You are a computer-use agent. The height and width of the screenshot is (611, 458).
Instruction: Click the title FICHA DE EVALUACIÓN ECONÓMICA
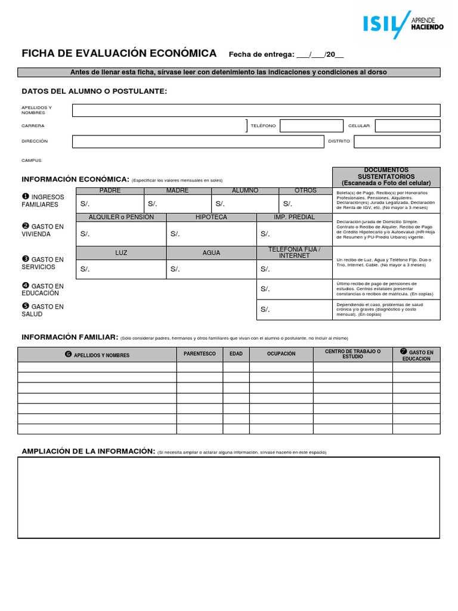(119, 54)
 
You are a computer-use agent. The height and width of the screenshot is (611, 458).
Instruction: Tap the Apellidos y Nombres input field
(256, 110)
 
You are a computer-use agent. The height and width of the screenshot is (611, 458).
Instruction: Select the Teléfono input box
(312, 126)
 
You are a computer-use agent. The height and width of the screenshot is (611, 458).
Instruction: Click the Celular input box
(407, 126)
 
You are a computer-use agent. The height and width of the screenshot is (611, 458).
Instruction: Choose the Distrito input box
(397, 141)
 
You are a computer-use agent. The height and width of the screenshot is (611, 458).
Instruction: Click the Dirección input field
(196, 141)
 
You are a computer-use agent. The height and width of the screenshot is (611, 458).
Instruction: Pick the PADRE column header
(110, 190)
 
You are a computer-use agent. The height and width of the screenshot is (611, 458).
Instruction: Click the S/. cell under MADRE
(177, 203)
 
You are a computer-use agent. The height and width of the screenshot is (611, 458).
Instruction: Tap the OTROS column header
(305, 190)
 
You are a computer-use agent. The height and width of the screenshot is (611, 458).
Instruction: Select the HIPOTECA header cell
(211, 217)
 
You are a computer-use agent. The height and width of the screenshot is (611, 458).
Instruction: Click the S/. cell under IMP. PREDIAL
(294, 233)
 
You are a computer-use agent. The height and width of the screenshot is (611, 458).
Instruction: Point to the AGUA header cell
(211, 253)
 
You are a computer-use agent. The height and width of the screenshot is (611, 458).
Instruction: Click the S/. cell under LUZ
(121, 269)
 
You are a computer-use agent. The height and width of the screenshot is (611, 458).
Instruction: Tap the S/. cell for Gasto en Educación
(294, 289)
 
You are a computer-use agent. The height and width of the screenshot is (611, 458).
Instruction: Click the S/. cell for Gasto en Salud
(294, 309)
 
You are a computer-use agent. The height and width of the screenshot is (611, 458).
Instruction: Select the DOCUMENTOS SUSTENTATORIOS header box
(386, 177)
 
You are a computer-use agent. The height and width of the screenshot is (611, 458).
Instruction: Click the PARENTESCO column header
(199, 354)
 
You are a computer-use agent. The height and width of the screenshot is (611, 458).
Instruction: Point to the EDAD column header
(236, 354)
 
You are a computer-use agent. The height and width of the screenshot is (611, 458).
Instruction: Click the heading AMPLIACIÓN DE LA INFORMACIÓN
(88, 451)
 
